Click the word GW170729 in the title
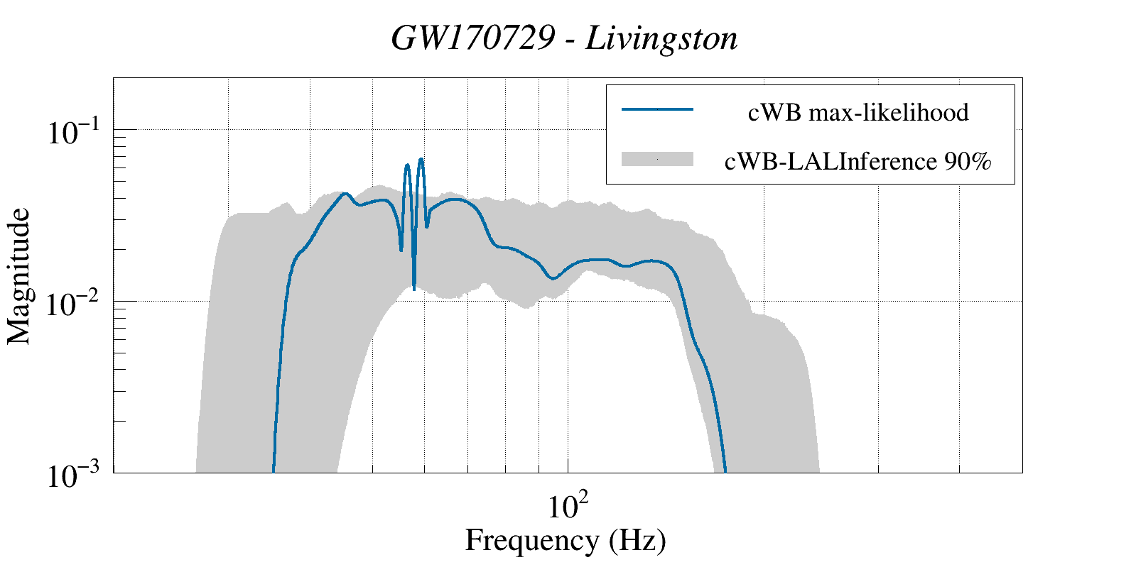point(472,38)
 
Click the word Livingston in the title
point(661,38)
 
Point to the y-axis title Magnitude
point(19,276)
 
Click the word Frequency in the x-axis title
point(532,540)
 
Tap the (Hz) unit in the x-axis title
point(637,540)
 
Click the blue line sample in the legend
point(657,109)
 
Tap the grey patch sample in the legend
point(657,160)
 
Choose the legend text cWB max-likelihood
point(858,112)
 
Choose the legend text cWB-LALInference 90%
point(858,162)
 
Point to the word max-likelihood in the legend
point(888,112)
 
